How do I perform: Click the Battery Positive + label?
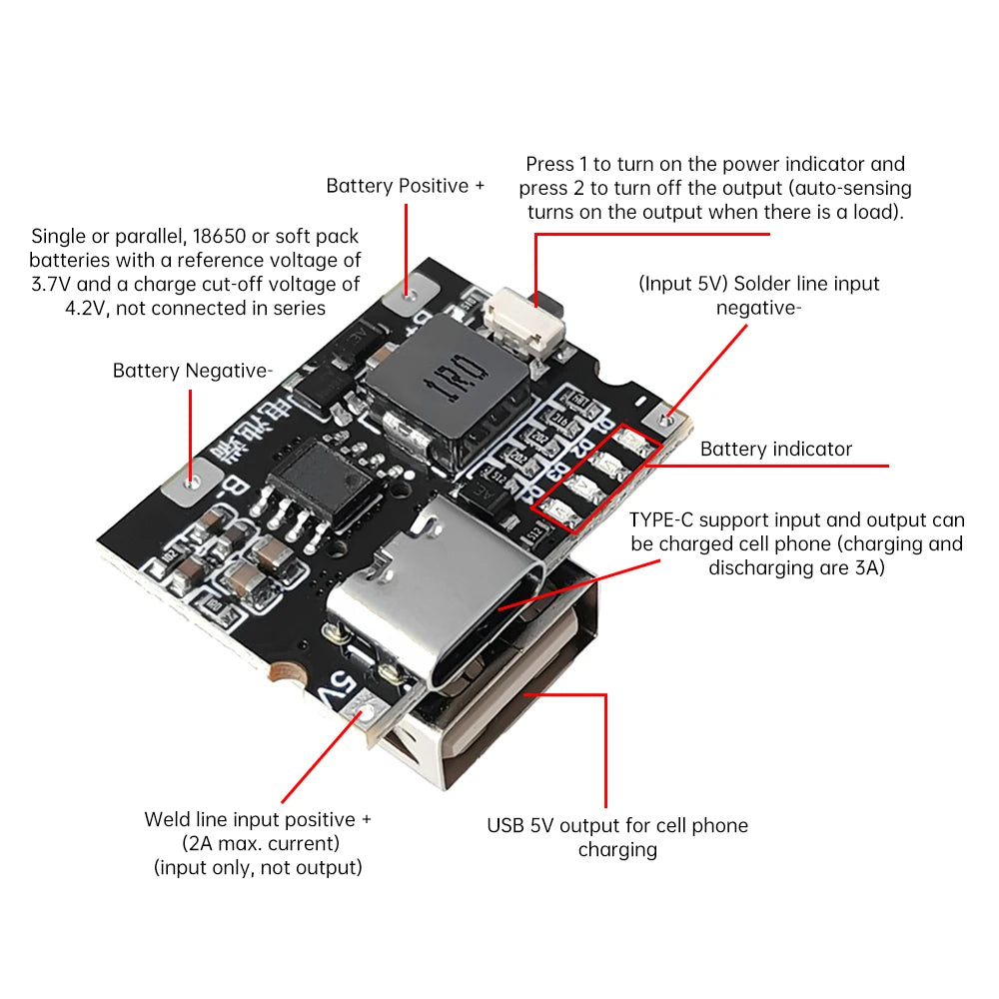point(405,186)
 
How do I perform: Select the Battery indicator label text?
point(776,449)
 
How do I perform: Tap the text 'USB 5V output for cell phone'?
point(617,825)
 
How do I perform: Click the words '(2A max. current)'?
point(258,843)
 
